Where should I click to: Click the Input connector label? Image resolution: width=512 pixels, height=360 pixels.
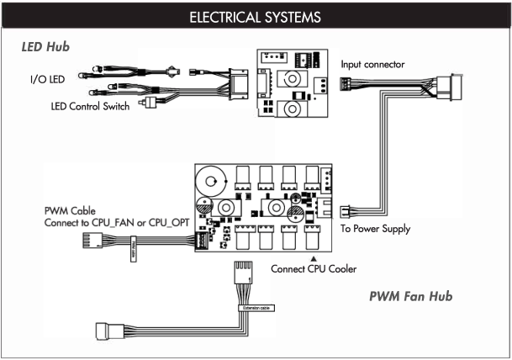coord(375,65)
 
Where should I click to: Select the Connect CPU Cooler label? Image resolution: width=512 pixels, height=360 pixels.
coord(314,270)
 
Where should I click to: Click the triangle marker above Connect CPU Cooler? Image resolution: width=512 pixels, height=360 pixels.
coord(314,257)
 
